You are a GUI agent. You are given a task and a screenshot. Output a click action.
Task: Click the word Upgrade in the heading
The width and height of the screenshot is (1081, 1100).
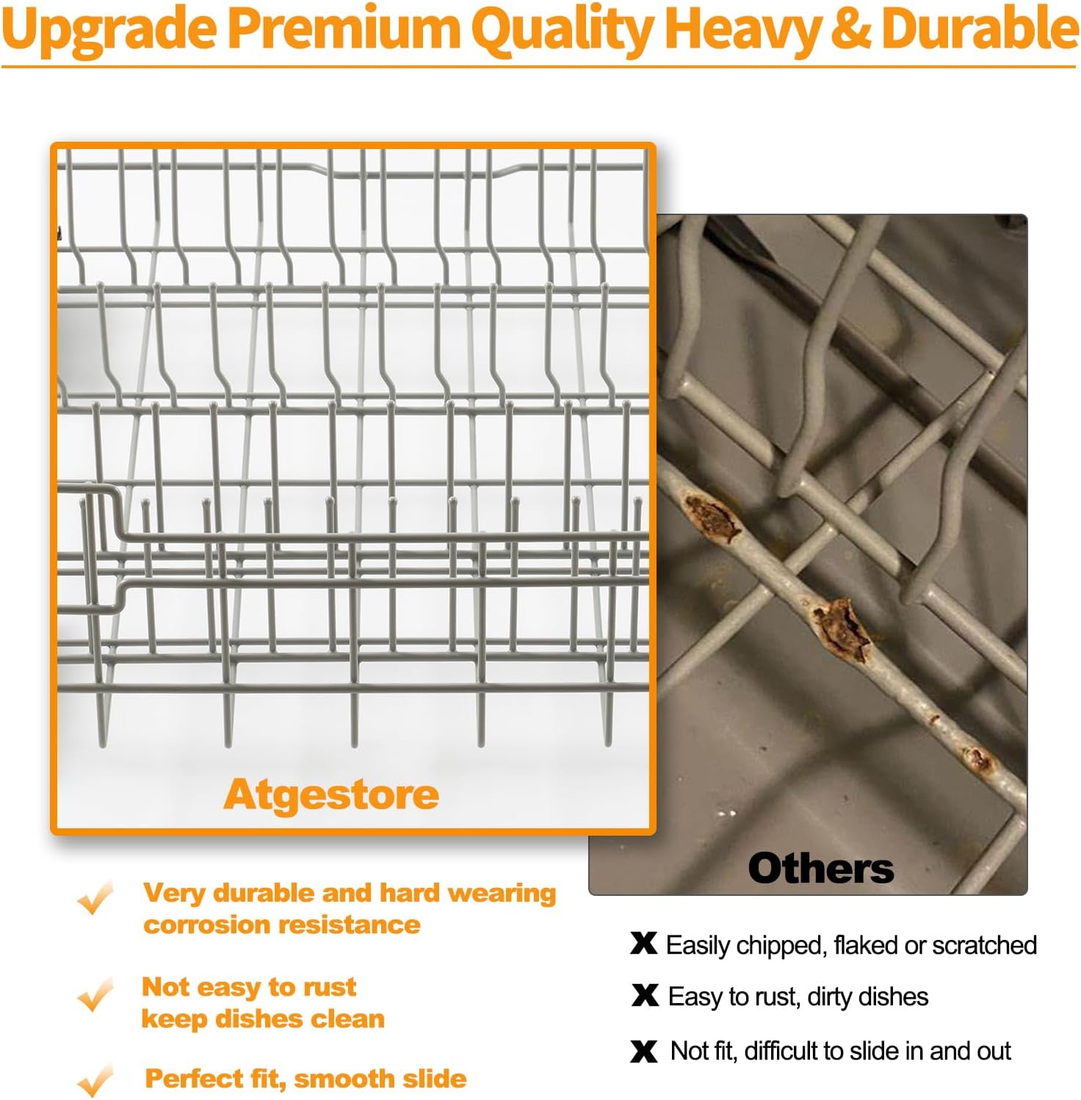109,30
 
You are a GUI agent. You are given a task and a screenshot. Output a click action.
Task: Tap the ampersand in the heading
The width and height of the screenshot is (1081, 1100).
852,29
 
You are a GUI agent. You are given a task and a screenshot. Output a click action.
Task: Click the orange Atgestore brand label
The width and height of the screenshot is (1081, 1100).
331,795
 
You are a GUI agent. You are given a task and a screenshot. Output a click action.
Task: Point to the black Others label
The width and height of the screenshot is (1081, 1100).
821,868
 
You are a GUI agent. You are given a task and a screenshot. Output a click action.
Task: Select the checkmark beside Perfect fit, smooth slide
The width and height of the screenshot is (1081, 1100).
95,1080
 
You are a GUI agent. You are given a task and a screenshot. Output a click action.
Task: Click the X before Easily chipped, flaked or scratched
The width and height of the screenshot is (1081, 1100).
644,944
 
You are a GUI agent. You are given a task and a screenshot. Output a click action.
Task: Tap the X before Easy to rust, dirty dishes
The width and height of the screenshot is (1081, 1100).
645,996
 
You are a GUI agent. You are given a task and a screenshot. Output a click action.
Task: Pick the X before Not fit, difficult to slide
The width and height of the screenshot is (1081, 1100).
644,1052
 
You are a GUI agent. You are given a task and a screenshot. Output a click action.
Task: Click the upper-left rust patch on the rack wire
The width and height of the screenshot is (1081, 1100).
709,517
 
